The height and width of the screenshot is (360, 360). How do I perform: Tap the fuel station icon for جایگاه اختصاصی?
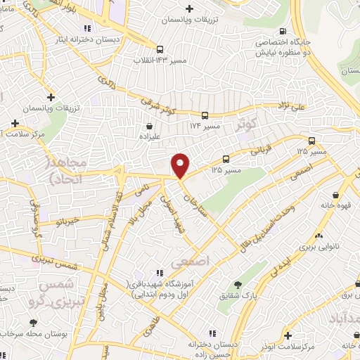point(283,32)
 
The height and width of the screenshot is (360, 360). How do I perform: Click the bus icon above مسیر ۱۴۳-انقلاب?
point(161,49)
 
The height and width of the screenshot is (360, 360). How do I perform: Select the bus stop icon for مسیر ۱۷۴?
point(205,115)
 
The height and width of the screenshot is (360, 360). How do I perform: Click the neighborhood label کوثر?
point(246,124)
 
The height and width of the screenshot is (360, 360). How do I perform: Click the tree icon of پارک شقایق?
point(239,284)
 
